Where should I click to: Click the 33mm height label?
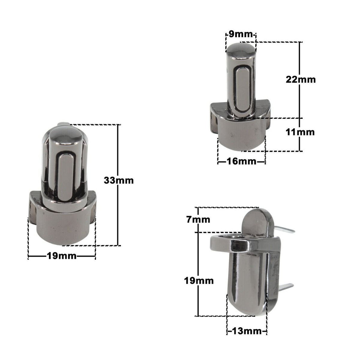(x=119, y=180)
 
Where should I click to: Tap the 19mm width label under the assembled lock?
(x=62, y=256)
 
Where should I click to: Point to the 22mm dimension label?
(x=301, y=79)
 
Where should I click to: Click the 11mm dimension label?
(x=300, y=133)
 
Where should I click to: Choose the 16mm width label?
(x=241, y=161)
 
